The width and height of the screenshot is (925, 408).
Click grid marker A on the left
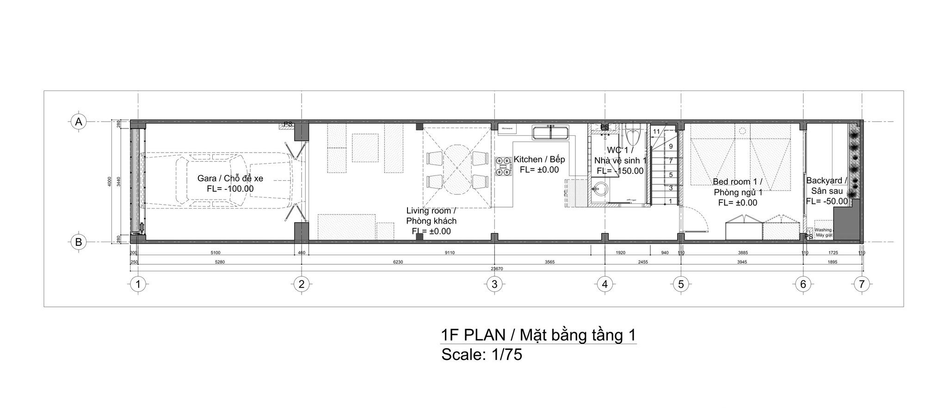pos(79,122)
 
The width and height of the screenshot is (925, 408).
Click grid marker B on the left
pos(79,242)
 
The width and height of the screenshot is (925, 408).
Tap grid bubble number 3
pos(494,284)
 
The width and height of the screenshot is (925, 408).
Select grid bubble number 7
pos(861,284)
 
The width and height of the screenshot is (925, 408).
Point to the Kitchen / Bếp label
pos(539,159)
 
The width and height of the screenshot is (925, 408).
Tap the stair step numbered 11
pos(656,131)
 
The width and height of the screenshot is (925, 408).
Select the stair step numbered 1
pos(671,201)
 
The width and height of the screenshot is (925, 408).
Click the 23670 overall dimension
pos(497,268)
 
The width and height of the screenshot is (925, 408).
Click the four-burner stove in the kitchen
pos(504,167)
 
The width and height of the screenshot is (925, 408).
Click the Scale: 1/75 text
pos(481,355)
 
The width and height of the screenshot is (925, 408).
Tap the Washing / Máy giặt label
pos(824,232)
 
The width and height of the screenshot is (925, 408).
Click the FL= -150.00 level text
pos(620,171)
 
